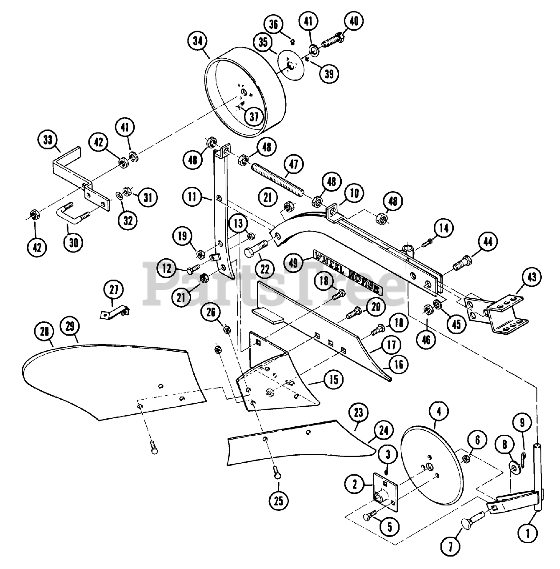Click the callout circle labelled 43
(532, 277)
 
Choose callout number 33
(48, 140)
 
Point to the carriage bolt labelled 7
(471, 524)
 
